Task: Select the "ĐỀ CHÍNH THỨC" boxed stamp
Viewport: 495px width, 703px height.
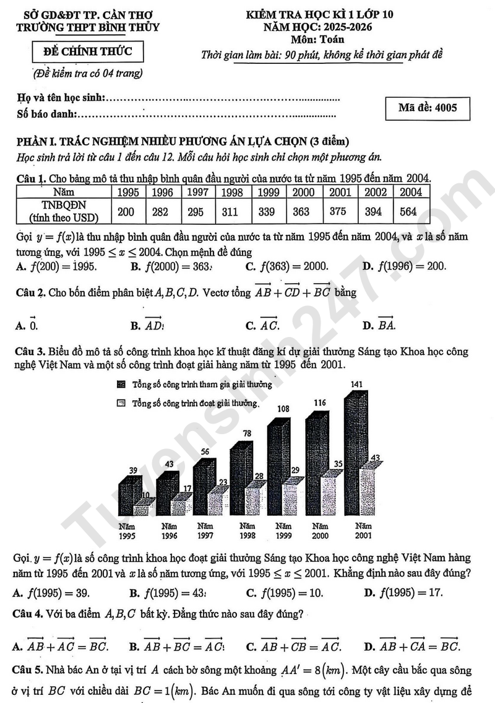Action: click(87, 51)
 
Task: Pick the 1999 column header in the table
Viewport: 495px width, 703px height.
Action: click(267, 192)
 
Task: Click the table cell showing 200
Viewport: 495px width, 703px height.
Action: click(126, 212)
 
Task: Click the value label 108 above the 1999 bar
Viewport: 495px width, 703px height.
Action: click(282, 409)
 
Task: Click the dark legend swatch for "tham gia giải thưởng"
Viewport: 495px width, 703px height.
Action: click(121, 385)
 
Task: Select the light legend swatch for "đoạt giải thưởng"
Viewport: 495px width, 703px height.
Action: click(121, 403)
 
